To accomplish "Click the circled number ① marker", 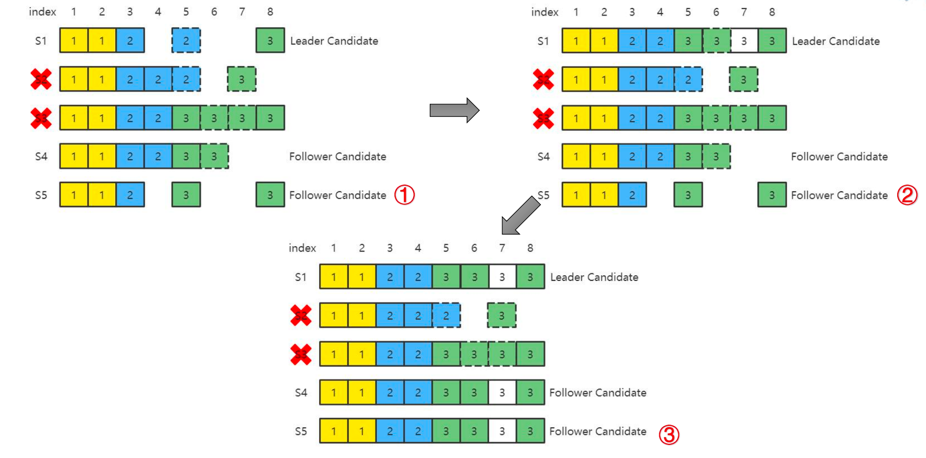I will tap(404, 195).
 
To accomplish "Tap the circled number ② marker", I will tap(907, 195).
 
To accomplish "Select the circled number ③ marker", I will tap(669, 434).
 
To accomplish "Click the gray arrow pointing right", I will tap(454, 110).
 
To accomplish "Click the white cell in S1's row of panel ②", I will tap(744, 41).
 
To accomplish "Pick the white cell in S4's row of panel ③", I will tap(502, 393).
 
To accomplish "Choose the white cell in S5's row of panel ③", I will tap(502, 431).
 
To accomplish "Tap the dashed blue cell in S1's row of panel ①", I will tap(186, 41).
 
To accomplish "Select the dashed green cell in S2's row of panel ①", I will tap(242, 80).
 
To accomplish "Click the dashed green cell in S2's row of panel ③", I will tap(501, 316).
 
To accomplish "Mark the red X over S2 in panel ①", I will tap(41, 80).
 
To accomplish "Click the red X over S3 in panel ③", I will tap(301, 354).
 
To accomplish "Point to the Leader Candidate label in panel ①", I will tap(334, 41).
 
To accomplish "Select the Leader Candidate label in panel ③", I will tap(594, 277).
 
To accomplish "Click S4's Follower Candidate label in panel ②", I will tap(839, 157).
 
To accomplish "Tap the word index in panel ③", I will tap(302, 248).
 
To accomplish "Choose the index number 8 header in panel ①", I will tap(270, 12).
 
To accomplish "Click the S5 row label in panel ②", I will tap(544, 195).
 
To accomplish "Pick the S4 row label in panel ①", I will tap(41, 157).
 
